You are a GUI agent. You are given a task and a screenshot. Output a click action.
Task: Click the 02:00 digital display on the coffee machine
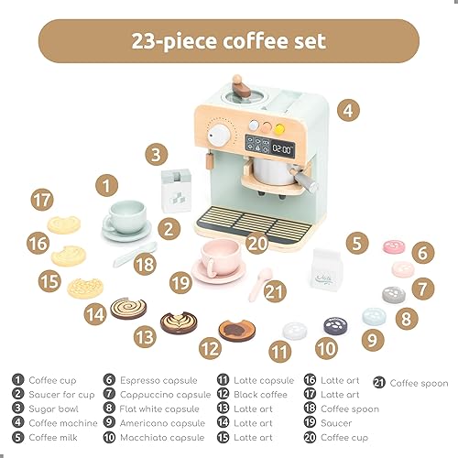pyautogui.click(x=280, y=147)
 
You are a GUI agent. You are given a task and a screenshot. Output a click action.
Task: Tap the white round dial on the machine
pyautogui.click(x=220, y=135)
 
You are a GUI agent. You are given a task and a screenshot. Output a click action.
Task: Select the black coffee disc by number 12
pyautogui.click(x=236, y=330)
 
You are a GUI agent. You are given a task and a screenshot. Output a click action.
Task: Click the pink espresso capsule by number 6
pyautogui.click(x=394, y=247)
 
